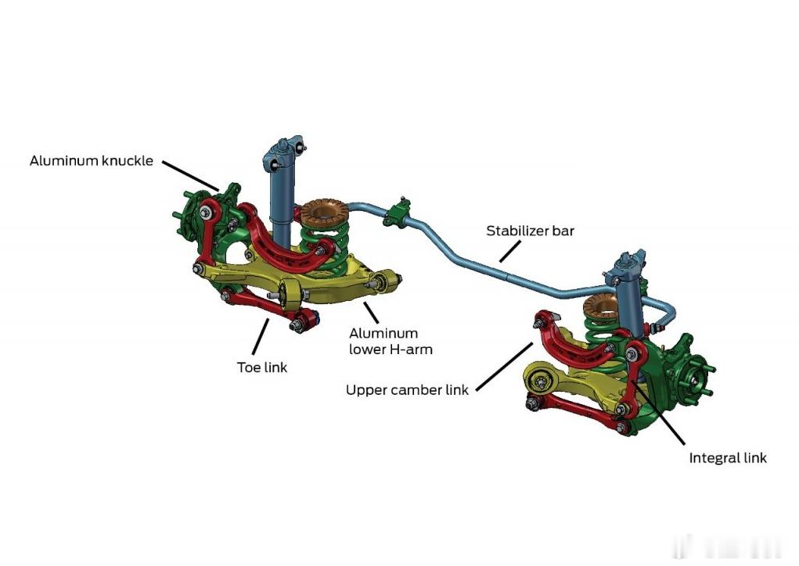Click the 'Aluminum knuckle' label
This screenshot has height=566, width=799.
(92, 161)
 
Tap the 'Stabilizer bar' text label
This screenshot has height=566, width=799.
(530, 231)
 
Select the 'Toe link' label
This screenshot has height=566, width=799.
(262, 367)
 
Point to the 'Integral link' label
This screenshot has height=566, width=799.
(728, 458)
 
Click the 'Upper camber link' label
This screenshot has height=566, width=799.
(407, 390)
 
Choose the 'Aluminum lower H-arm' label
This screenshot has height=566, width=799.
(391, 342)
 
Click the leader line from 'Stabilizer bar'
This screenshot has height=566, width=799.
(510, 252)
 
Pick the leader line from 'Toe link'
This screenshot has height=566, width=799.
(261, 336)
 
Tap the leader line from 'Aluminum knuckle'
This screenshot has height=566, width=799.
(191, 176)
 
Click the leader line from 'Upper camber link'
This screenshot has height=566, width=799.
(504, 367)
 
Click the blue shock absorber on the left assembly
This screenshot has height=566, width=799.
(279, 203)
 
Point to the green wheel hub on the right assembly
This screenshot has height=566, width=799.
(694, 379)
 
